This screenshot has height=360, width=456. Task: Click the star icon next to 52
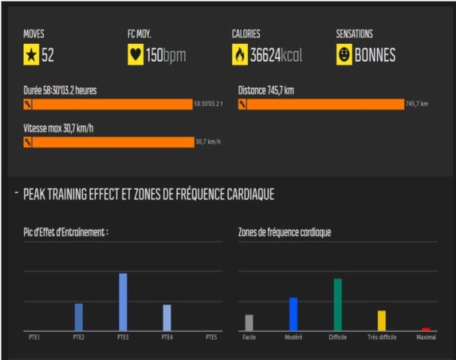point(31,55)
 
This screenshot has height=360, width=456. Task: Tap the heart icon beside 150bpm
point(135,55)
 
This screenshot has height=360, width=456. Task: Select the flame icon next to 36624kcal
point(239,55)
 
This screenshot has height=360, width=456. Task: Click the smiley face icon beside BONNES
point(344,55)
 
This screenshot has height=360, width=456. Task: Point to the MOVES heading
point(34,34)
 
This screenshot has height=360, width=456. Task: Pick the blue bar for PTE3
point(122,302)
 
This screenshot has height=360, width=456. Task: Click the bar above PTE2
point(79,317)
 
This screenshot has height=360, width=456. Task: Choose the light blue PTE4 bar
point(166,318)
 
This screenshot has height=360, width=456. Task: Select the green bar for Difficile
point(337,305)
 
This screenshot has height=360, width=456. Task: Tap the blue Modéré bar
point(293,314)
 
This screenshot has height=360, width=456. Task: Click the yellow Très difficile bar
point(382,320)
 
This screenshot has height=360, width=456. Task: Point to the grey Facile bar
point(249,323)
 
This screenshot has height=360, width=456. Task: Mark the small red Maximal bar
point(426,329)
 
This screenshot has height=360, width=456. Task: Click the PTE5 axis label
point(211,337)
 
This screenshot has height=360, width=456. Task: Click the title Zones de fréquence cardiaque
point(285,232)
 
